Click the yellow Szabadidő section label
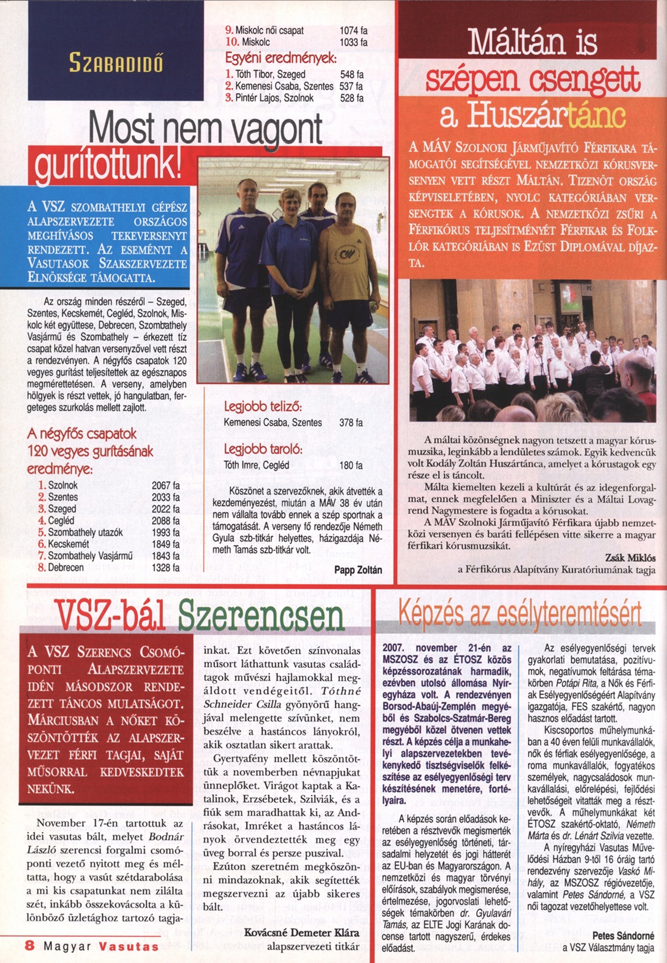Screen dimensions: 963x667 [x=116, y=63]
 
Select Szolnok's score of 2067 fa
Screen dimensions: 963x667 [x=165, y=485]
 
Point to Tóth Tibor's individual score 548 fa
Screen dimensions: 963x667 [x=352, y=74]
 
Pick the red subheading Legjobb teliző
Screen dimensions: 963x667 [x=263, y=406]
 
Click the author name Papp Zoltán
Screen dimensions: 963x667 [x=358, y=570]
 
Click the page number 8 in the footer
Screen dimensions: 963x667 [x=30, y=945]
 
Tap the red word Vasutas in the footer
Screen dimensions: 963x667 [x=129, y=946]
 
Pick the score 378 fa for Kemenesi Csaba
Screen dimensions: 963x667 [x=351, y=422]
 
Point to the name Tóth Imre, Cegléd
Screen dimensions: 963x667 [x=256, y=465]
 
